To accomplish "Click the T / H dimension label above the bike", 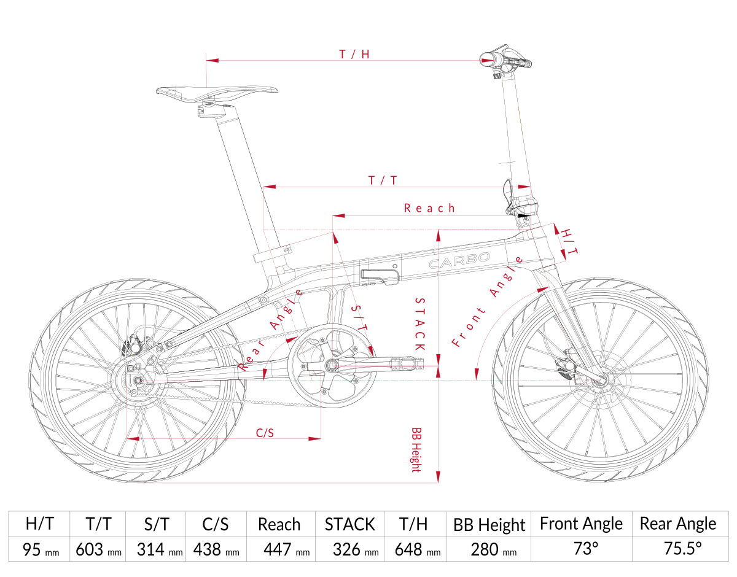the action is click(x=354, y=54).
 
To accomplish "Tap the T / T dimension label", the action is click(x=382, y=180).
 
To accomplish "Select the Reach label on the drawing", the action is click(x=429, y=208).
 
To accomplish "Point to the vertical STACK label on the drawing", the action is click(x=420, y=324).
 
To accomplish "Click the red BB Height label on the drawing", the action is click(x=416, y=450).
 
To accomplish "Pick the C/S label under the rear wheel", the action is click(x=265, y=433).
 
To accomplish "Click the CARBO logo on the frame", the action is click(x=459, y=260).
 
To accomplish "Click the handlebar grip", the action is click(x=518, y=61).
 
